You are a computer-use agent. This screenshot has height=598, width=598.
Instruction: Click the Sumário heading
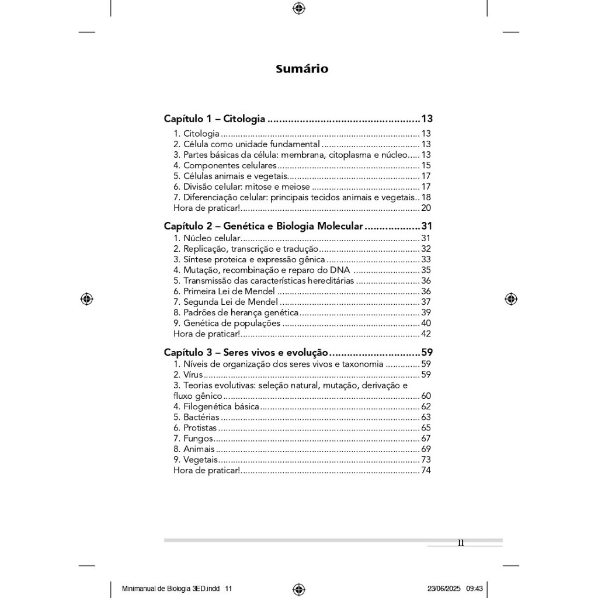[x=302, y=69]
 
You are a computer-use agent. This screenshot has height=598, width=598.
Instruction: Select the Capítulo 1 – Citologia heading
[x=214, y=119]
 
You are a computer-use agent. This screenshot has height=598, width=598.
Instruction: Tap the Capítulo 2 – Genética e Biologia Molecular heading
[x=263, y=226]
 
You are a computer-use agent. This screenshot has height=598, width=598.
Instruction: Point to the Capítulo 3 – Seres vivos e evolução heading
[x=245, y=353]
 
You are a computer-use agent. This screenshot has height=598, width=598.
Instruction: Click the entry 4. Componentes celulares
[x=225, y=166]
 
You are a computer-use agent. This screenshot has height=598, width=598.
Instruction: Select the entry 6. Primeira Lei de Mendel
[x=224, y=291]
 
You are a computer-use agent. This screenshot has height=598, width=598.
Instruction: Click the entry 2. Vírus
[x=188, y=375]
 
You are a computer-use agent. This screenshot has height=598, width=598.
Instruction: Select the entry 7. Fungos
[x=193, y=439]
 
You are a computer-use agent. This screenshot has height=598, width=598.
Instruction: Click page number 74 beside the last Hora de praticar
[x=426, y=470]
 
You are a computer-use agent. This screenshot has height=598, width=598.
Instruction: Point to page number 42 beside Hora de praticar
[x=426, y=334]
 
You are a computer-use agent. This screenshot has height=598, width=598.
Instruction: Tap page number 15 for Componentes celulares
[x=426, y=166]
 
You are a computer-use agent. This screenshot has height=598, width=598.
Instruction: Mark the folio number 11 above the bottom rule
[x=461, y=543]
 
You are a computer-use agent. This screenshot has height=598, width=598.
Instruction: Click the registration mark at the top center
[x=298, y=8]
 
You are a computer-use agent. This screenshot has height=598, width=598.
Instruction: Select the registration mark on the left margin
[x=86, y=299]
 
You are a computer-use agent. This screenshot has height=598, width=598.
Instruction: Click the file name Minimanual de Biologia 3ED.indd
[x=172, y=589]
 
